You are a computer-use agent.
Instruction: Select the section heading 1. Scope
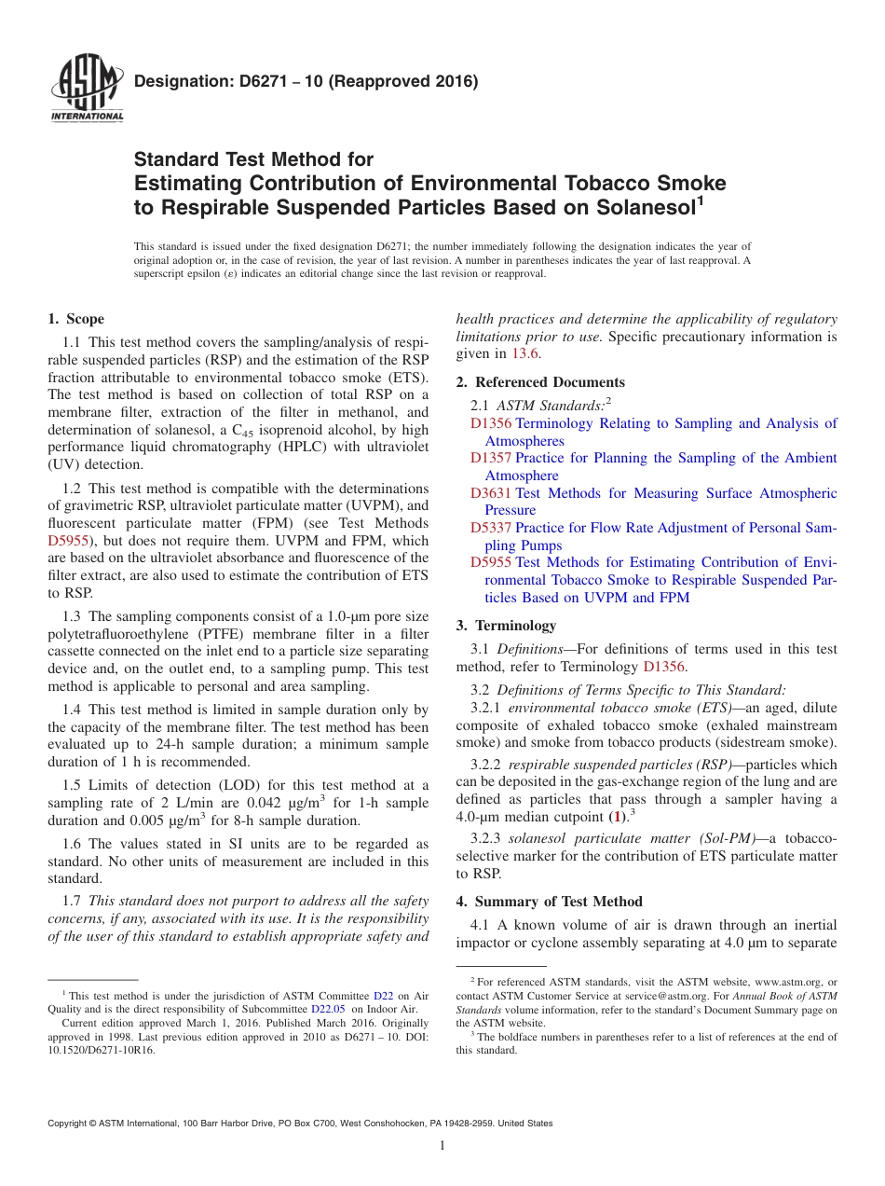click(75, 319)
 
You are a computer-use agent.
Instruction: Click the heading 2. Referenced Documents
click(540, 382)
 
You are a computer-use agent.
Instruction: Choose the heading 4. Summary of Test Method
click(549, 902)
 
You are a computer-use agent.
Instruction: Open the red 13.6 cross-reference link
click(522, 353)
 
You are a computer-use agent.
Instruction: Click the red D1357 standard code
click(490, 458)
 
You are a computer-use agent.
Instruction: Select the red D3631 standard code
click(490, 493)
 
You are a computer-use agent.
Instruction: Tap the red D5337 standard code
click(490, 528)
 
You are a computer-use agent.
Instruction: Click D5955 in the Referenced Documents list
click(490, 562)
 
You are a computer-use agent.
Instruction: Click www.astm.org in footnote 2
click(786, 982)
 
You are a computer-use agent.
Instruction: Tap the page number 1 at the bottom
click(442, 1145)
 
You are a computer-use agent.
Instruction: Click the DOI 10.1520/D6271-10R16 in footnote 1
click(102, 1049)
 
